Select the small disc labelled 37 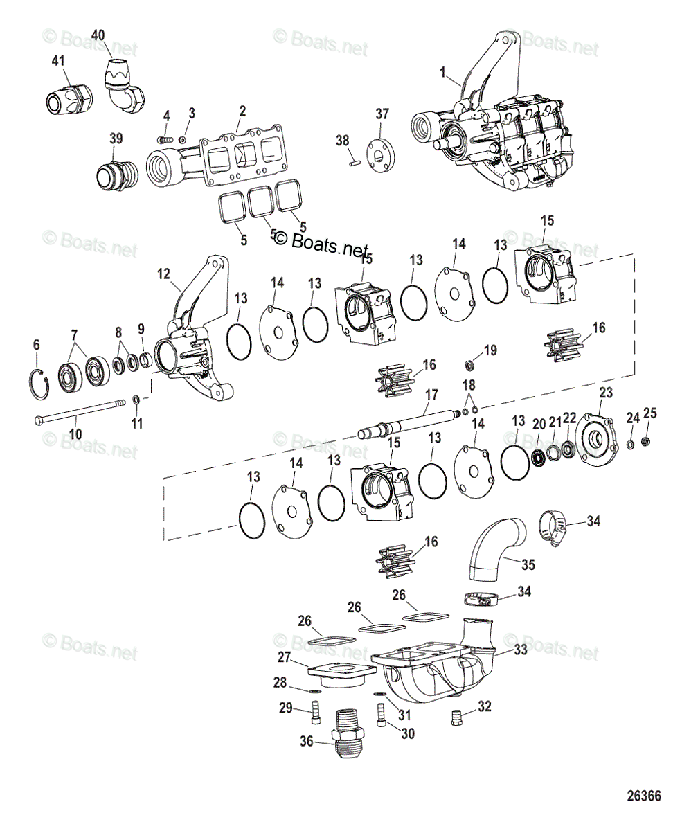click(x=379, y=152)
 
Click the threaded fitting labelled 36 click(x=348, y=741)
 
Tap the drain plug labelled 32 click(x=456, y=715)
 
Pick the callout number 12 click(x=163, y=274)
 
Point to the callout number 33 click(x=520, y=650)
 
